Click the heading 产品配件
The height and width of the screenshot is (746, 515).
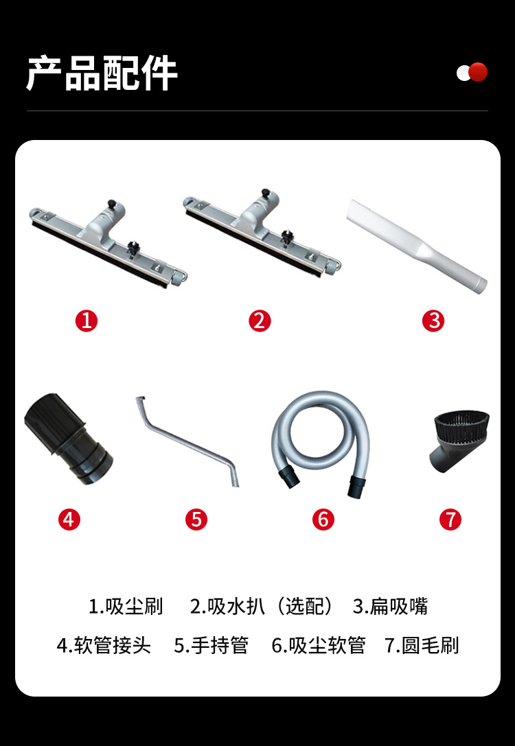102,73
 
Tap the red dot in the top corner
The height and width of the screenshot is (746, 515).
478,72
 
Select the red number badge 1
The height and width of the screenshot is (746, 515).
86,321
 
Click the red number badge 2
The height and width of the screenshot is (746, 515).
260,321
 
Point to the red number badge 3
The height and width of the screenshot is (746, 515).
433,321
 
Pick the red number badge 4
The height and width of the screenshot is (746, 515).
69,519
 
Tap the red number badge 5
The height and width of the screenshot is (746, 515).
196,519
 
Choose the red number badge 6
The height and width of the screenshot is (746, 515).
323,519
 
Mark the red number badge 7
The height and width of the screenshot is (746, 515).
450,519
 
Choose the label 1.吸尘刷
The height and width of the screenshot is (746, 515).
126,607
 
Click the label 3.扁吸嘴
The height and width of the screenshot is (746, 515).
390,607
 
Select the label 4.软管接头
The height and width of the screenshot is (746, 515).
104,646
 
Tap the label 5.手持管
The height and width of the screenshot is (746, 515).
211,646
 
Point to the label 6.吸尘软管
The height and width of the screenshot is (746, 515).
319,646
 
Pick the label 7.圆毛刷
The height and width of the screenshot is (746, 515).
422,646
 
